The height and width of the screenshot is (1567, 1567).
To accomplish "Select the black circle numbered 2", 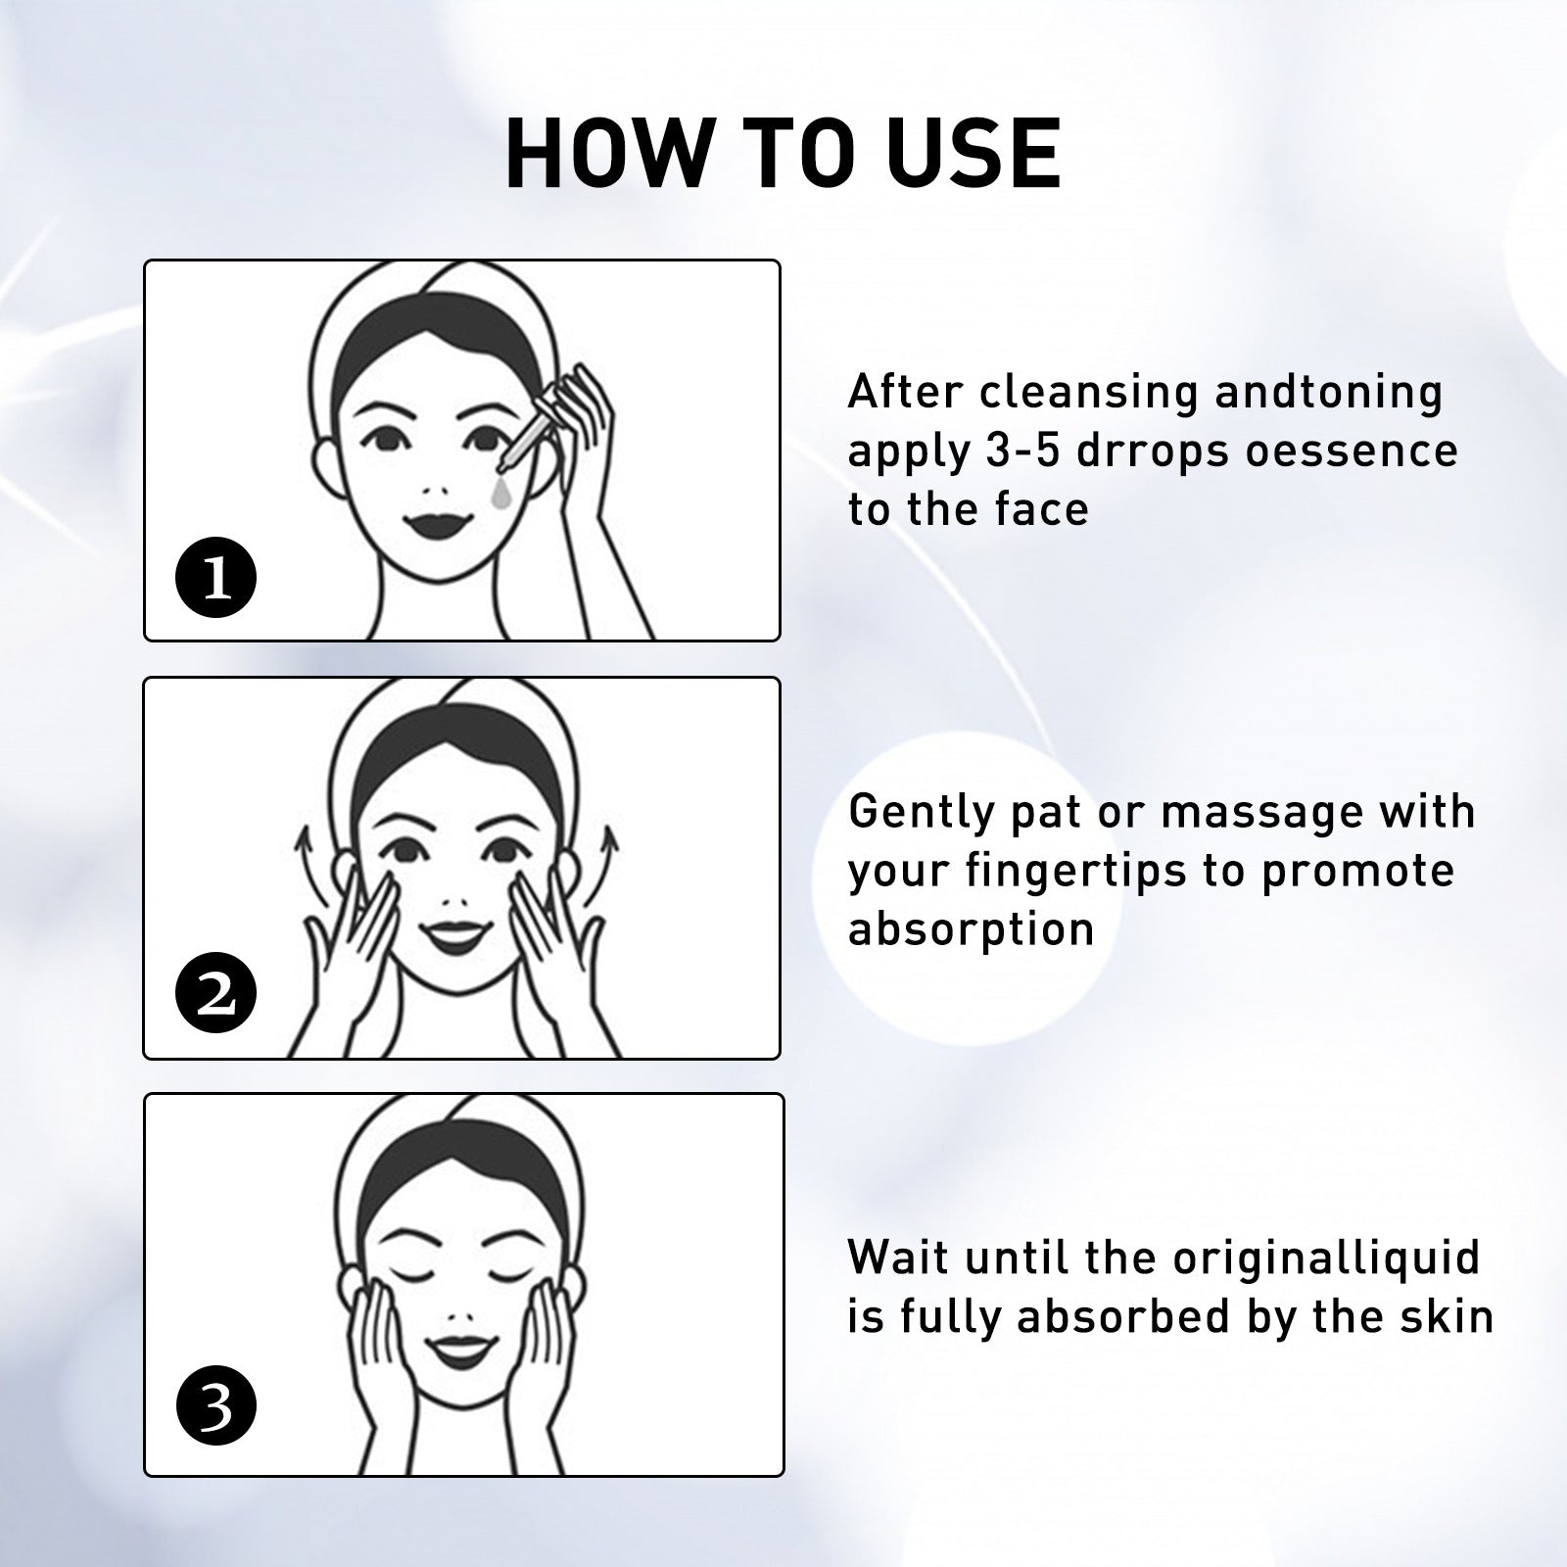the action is (215, 996).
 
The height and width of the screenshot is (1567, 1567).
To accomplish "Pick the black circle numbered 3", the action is (215, 1407).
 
